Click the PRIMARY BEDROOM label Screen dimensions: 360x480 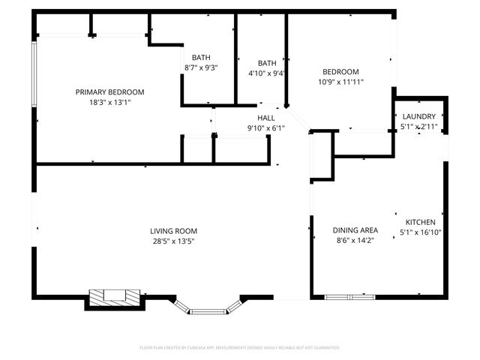109,92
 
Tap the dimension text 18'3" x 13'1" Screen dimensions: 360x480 109,103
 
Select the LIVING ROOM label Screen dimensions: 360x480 173,231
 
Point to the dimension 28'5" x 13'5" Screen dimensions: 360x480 173,241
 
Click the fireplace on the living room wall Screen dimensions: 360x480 114,298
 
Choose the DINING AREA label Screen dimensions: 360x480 355,230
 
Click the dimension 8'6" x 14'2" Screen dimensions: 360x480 355,241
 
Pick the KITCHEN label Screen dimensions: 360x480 421,223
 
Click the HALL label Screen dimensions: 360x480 266,118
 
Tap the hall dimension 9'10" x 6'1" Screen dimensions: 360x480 266,128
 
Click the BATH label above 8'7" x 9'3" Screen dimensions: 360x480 201,58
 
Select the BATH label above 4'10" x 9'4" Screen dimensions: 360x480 267,63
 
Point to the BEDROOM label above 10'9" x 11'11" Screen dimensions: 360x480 338,71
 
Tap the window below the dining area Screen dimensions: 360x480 349,298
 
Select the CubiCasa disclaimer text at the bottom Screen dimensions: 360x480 240,348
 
